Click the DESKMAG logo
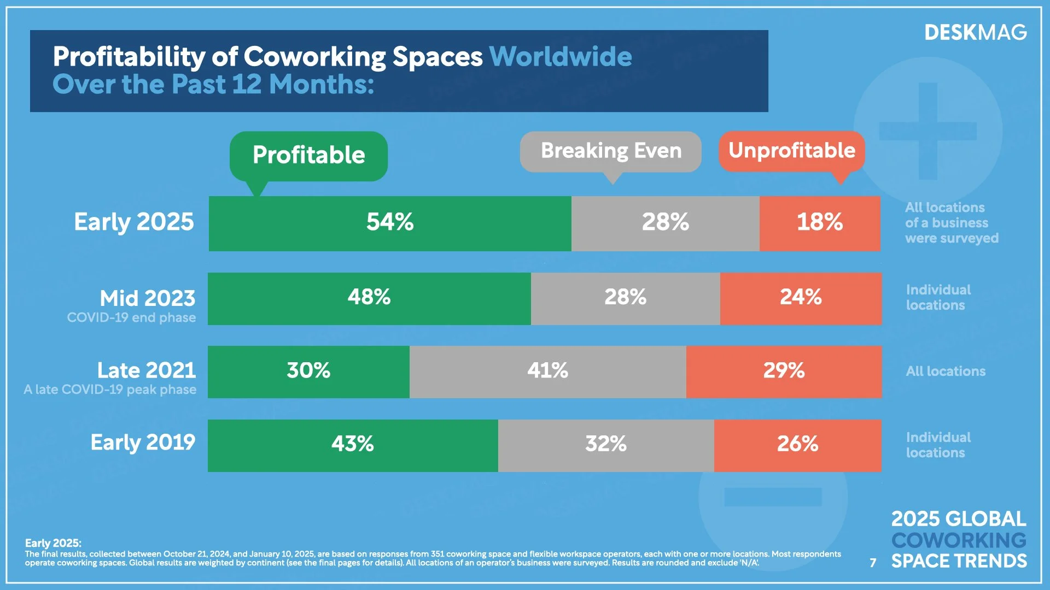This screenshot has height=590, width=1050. pos(975,33)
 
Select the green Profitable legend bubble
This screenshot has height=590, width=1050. pos(308,156)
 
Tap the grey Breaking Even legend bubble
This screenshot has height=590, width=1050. pos(610,151)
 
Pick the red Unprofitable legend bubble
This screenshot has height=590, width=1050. pos(791,151)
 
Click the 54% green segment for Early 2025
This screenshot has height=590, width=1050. pos(389,223)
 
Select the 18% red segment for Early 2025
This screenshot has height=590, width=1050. pos(819,223)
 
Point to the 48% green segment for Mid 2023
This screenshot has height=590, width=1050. pos(369,298)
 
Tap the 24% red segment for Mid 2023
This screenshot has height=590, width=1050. pos(801,298)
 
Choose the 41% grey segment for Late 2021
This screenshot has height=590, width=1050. pos(547,371)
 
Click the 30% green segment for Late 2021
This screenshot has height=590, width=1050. pos(308,371)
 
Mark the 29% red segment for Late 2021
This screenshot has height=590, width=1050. pos(784,371)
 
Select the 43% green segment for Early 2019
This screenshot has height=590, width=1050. pos(353,445)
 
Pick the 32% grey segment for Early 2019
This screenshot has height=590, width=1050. pos(606,445)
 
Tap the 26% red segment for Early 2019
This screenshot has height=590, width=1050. pos(797,445)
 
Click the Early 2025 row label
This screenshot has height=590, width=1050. pos(134,222)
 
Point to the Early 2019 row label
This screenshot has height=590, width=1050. pos(143,442)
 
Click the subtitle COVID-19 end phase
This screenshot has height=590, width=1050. pos(131,318)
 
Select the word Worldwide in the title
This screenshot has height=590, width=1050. pos(561,57)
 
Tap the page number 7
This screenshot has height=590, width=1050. pos(873,563)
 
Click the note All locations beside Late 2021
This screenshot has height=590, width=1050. pos(946,371)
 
